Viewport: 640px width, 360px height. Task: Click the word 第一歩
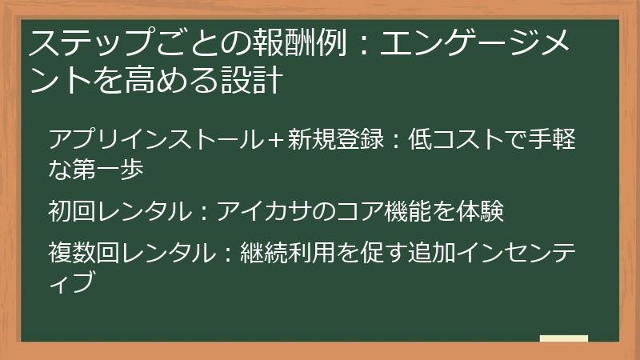(115, 169)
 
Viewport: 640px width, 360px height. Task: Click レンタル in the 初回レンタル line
(142, 211)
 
